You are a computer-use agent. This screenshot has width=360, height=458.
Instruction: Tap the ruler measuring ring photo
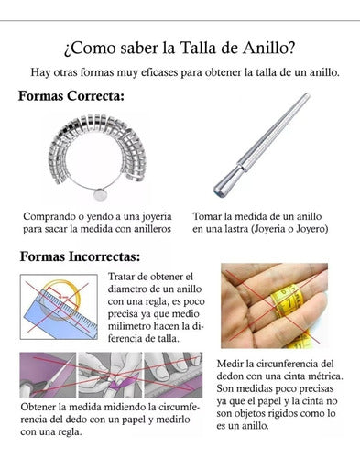[x=59, y=307]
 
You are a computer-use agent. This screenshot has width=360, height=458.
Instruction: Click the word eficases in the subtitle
[x=193, y=71]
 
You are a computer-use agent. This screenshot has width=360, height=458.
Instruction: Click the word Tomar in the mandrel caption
[x=210, y=216]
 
